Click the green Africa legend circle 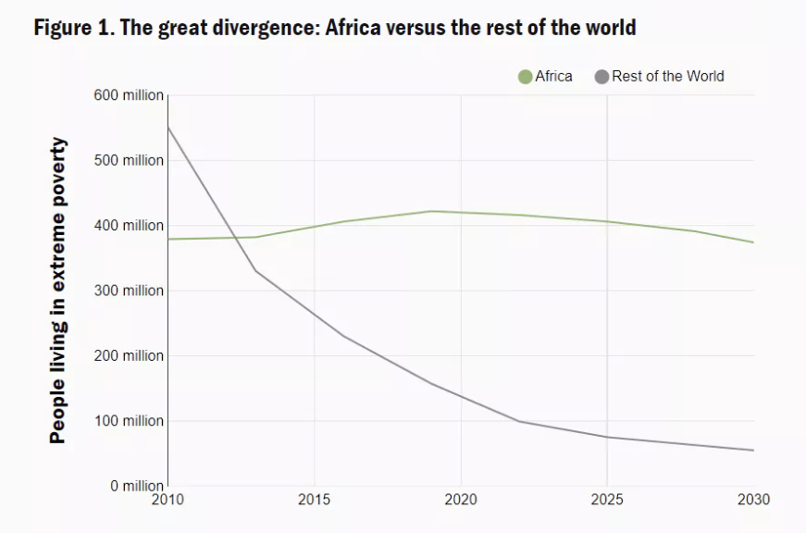[526, 77]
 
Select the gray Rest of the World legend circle [602, 77]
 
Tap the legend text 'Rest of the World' [667, 76]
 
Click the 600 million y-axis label [129, 95]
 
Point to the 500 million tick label [129, 160]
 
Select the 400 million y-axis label [129, 226]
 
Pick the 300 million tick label [129, 291]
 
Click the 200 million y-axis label [129, 355]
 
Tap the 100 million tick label [129, 421]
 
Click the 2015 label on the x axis [314, 500]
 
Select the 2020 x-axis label [460, 500]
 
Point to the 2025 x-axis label [607, 500]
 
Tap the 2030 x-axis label [752, 500]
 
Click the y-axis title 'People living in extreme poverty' [58, 290]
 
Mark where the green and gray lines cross [237, 238]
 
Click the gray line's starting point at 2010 [167, 127]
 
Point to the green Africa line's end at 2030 [753, 242]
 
